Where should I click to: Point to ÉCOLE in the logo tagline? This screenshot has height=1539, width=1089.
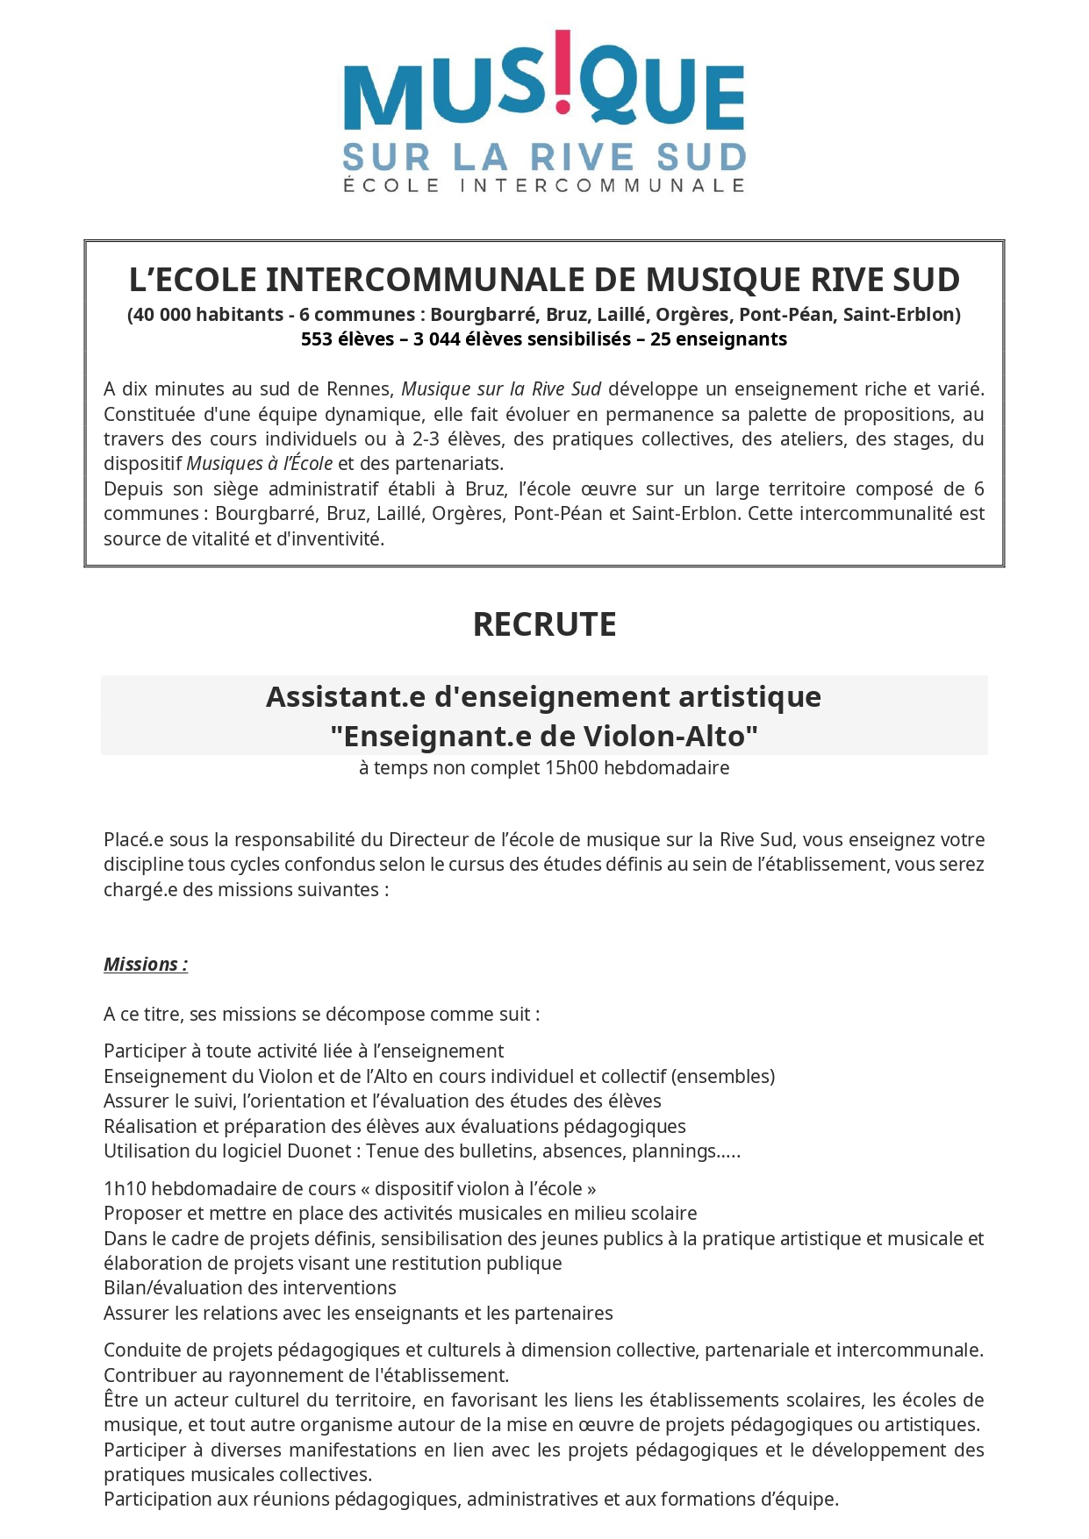[390, 185]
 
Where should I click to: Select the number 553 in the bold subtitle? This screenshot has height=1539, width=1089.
[316, 339]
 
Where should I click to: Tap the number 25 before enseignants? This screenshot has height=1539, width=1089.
[660, 339]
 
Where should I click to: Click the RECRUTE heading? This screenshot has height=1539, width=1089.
[544, 624]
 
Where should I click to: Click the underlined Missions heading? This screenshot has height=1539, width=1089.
[146, 965]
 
